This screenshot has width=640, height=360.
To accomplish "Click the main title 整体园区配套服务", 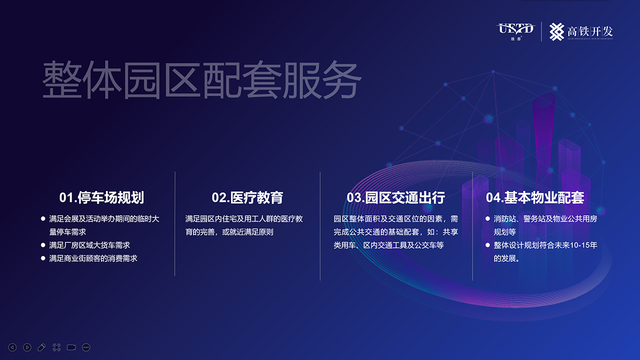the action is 202,80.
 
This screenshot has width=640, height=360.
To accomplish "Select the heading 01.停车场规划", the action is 102,197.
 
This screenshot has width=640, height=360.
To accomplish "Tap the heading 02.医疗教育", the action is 247,197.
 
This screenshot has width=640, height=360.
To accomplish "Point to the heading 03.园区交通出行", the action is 395,197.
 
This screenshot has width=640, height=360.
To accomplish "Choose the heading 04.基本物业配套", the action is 535,197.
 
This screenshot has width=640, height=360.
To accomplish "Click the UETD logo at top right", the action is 516,31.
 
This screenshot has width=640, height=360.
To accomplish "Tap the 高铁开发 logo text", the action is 590,31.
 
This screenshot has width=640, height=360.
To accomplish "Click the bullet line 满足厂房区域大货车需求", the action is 89,245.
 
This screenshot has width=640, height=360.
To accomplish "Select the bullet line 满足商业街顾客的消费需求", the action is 93,258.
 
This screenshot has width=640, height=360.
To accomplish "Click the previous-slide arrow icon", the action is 12,347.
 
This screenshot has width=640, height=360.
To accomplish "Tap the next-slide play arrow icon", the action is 27,347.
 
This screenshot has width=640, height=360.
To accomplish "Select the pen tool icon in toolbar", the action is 41,347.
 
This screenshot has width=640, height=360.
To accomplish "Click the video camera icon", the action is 72,347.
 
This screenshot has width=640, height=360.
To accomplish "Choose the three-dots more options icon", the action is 86,347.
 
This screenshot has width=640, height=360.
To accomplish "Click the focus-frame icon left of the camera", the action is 56,347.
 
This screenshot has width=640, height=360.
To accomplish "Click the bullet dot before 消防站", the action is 487,219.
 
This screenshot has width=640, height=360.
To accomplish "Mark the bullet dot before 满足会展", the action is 43,219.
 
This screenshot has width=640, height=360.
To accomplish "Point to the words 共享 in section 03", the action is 451,232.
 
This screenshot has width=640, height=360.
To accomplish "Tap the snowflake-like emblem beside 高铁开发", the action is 556,31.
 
